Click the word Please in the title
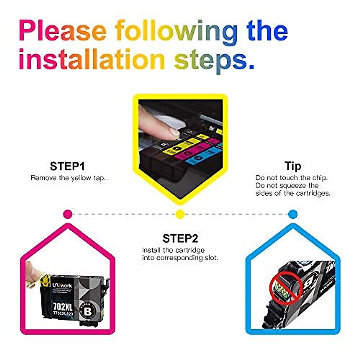63,31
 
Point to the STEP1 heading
67,166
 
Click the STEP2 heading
180,238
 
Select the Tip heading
292,166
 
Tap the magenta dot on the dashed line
68,214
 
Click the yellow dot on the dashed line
180,214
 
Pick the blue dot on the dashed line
292,214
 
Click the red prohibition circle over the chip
285,288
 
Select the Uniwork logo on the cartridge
62,285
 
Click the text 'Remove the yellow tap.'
68,178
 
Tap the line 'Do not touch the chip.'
291,178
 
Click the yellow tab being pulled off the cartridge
43,280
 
